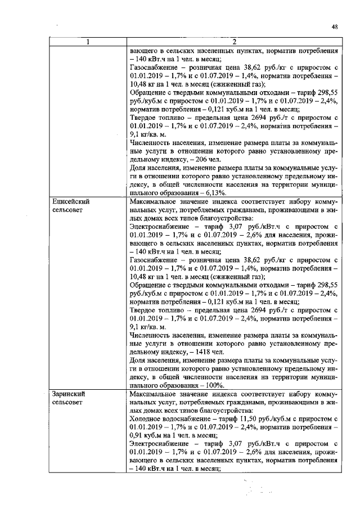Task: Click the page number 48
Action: (335, 26)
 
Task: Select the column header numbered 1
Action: (87, 41)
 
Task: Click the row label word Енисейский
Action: (71, 200)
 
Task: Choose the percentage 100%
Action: (215, 386)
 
